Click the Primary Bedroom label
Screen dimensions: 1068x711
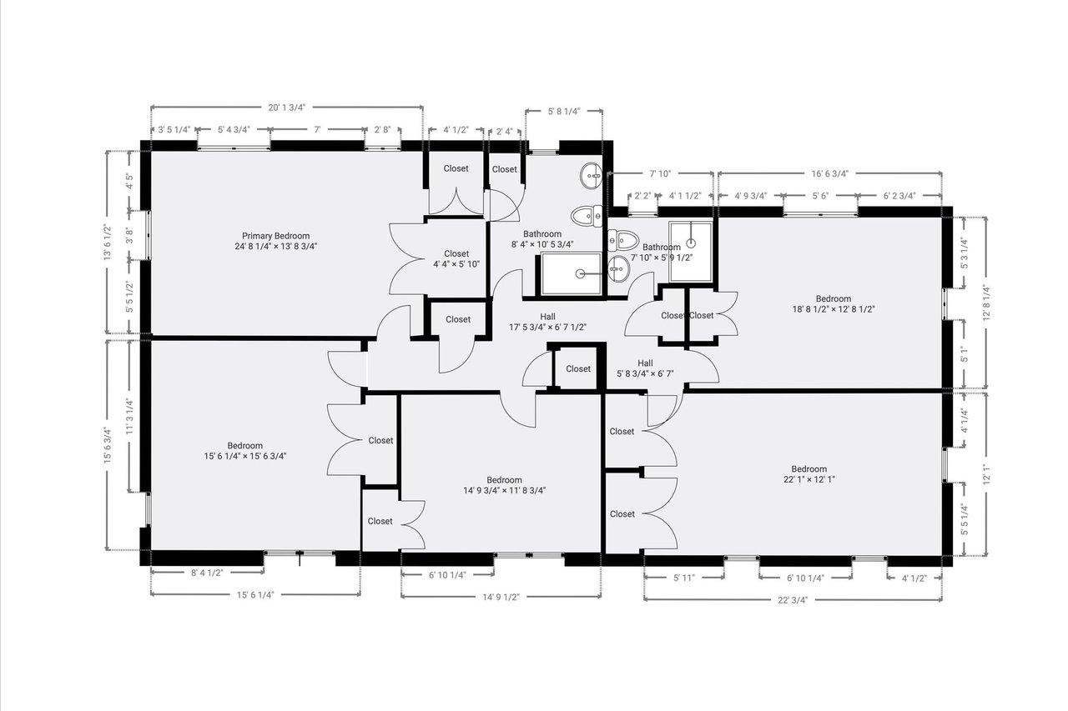tap(275, 236)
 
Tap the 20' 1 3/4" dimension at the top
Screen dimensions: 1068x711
tap(286, 108)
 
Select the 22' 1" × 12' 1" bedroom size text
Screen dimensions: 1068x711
tap(809, 479)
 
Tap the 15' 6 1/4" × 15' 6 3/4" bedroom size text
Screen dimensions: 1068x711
tap(245, 456)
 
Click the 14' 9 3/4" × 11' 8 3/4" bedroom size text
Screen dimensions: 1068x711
tap(505, 490)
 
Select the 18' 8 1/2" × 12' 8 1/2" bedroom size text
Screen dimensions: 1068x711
tap(834, 309)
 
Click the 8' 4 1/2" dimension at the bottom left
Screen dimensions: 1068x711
tap(208, 573)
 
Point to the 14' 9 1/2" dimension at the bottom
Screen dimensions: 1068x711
tap(501, 598)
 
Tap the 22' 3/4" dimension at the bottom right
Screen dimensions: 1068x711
tap(793, 600)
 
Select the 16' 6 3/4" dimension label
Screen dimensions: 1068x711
tap(830, 174)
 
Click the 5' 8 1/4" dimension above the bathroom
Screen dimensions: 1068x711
tap(564, 112)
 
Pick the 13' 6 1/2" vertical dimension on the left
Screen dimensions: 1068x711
tap(108, 242)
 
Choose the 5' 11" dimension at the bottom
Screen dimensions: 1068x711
tap(684, 578)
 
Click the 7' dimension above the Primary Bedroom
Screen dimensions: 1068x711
tap(317, 129)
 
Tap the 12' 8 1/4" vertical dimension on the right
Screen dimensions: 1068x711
tap(986, 303)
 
